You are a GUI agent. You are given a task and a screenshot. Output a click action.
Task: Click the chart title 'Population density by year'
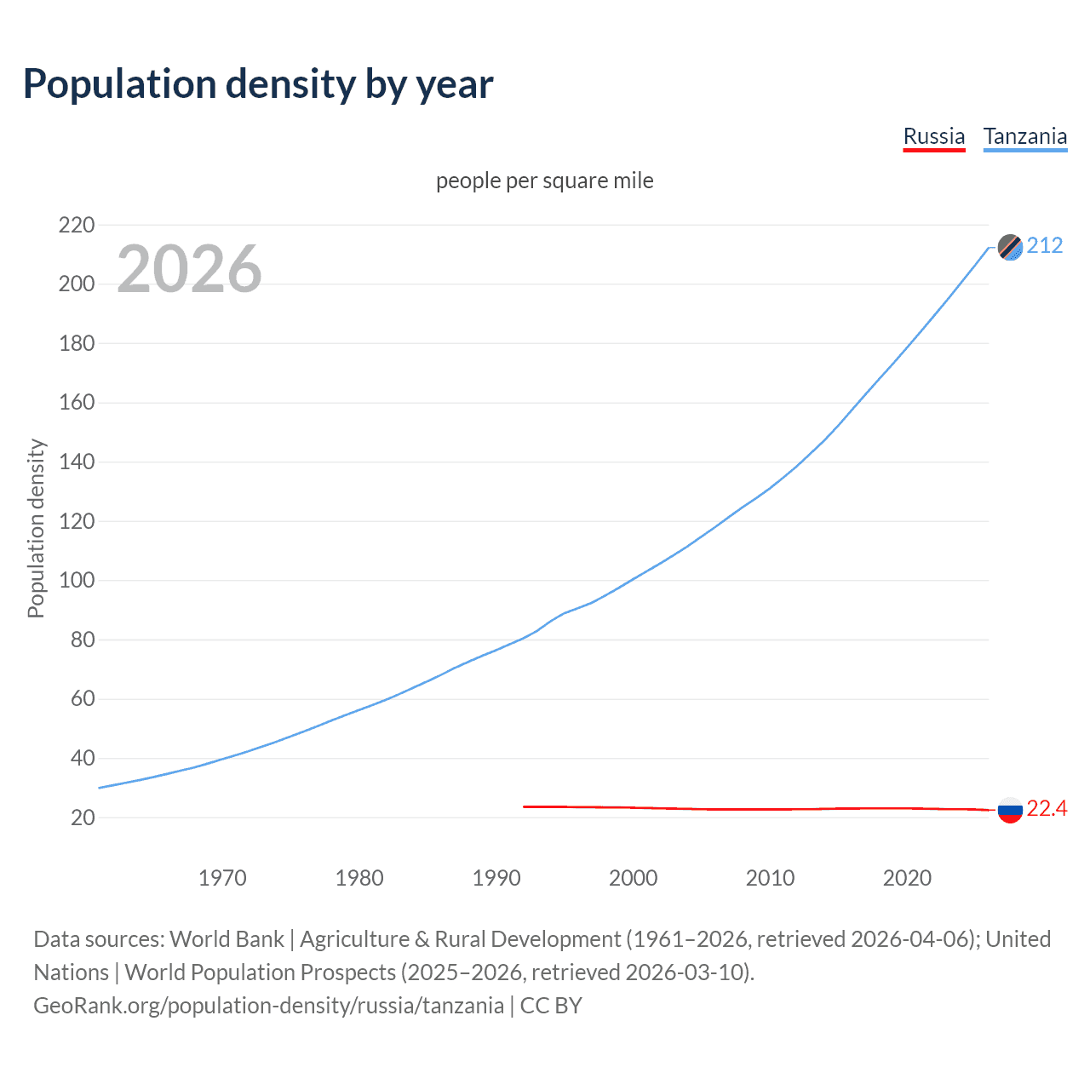tap(258, 84)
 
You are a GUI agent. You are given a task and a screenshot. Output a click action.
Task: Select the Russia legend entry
tap(934, 137)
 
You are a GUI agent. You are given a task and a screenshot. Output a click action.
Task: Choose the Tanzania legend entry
tap(1024, 137)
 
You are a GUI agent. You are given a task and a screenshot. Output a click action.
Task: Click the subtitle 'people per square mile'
tap(544, 181)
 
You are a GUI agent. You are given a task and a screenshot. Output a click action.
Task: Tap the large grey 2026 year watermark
tap(189, 269)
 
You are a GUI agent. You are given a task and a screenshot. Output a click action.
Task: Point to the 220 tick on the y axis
tap(77, 226)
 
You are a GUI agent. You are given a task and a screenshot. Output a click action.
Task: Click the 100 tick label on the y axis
tap(77, 581)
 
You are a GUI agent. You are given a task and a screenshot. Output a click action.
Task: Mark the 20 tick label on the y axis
tap(83, 817)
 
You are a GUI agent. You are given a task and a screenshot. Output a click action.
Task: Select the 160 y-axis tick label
tap(77, 403)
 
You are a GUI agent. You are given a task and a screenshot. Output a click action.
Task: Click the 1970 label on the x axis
tap(222, 878)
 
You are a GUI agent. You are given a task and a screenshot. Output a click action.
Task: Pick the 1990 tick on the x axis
tap(496, 878)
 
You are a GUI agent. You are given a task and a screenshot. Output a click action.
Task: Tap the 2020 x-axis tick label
tap(907, 878)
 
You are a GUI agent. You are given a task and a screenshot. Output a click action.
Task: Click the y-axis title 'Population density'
tap(36, 528)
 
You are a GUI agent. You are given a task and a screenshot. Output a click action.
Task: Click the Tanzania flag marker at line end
tap(1010, 247)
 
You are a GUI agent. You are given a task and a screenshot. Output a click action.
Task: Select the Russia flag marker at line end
tap(1010, 810)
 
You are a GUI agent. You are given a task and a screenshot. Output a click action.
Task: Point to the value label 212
tap(1045, 246)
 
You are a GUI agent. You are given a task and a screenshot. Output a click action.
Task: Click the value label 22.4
tap(1047, 809)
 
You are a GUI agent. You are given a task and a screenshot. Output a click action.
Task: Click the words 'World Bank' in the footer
tap(227, 939)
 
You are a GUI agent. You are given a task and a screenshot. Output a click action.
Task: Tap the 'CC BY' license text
tap(551, 1006)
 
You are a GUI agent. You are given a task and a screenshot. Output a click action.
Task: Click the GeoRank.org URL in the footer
tap(268, 1006)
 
